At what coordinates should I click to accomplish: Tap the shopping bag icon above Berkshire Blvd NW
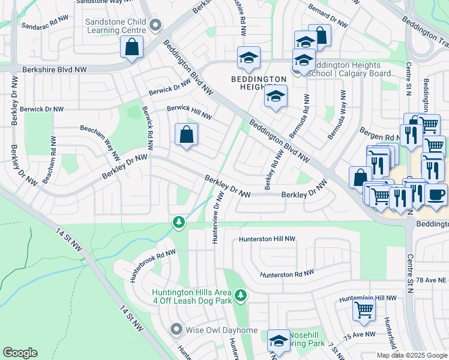click(x=131, y=47)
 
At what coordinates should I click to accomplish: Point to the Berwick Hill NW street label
click(x=189, y=112)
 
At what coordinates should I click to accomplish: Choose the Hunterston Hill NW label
click(x=267, y=239)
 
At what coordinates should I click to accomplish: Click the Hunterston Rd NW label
click(x=286, y=274)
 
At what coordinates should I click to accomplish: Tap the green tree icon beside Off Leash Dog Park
click(x=241, y=295)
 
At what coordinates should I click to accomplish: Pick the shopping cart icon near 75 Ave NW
click(x=364, y=310)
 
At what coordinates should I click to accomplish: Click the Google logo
click(x=20, y=353)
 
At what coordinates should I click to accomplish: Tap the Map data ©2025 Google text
click(x=412, y=355)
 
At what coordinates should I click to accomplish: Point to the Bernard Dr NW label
click(x=328, y=18)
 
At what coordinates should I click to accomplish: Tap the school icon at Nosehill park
click(x=279, y=341)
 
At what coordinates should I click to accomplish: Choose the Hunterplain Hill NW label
click(x=368, y=298)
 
